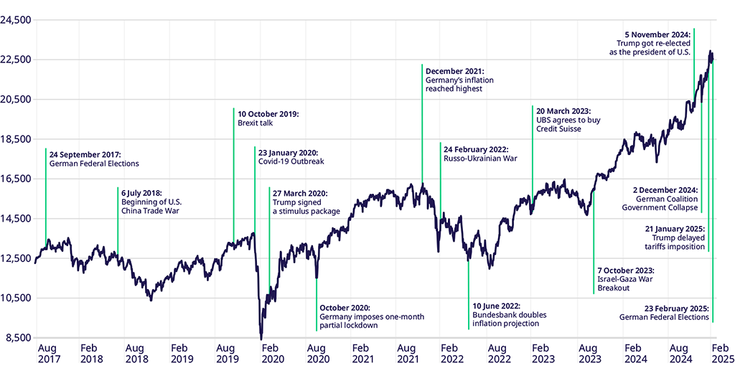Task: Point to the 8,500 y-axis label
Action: point(17,338)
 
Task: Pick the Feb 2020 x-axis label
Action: point(272,353)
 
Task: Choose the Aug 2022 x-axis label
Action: point(499,353)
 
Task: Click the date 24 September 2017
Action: point(85,154)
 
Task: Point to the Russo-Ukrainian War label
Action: point(480,159)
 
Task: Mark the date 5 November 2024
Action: point(657,33)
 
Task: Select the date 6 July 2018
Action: point(141,192)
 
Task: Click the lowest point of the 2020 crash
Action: point(261,339)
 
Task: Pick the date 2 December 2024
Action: point(665,189)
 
